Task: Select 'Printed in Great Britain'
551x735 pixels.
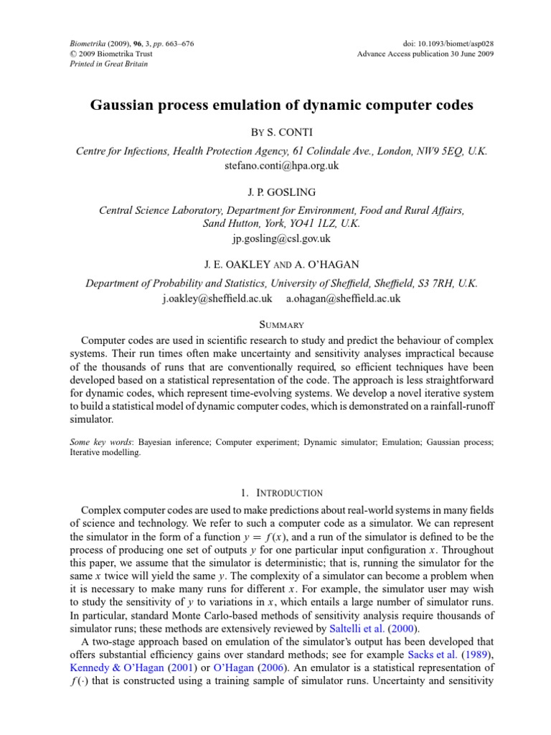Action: [x=98, y=64]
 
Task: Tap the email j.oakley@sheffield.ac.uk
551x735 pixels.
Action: [x=217, y=298]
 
